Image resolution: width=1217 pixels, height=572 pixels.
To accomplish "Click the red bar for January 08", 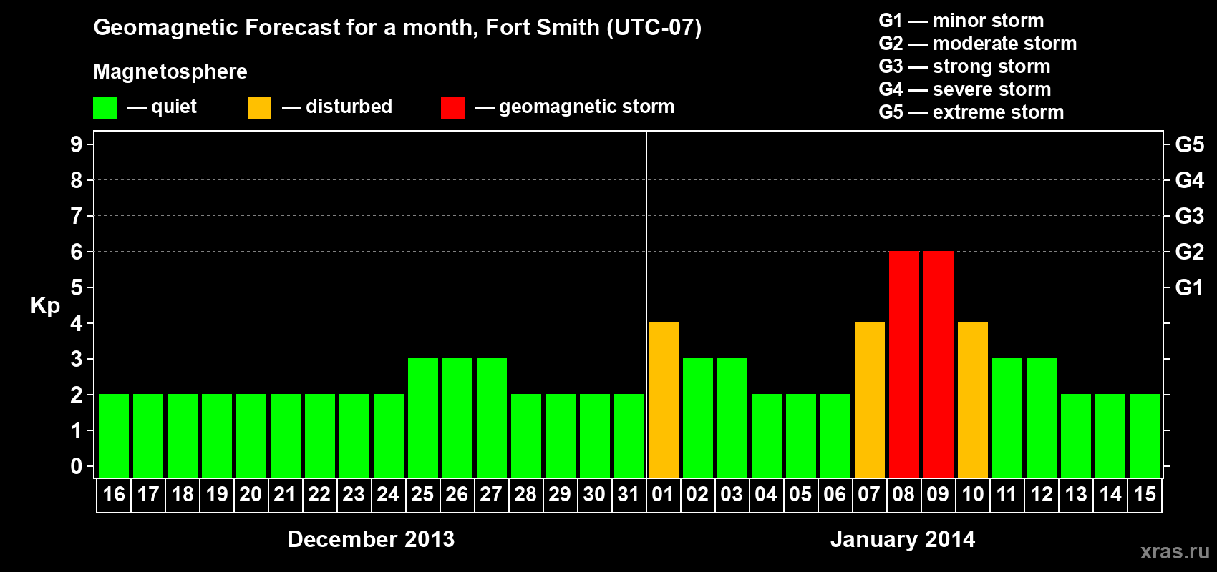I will point(903,364).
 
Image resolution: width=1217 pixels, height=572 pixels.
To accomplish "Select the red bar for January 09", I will point(938,364).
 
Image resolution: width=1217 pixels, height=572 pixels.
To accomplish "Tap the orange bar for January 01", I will point(663,400).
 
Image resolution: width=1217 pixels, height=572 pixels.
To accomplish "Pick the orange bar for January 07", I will point(869,400).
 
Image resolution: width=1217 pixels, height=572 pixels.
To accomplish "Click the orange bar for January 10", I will point(972,400).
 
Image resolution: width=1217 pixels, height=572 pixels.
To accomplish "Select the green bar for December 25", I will point(422,418).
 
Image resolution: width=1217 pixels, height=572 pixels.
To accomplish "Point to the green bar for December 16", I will point(113,435).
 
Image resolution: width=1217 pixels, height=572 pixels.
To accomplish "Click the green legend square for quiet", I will point(105,108).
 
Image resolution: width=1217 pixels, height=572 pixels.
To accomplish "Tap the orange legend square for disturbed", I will point(259,108).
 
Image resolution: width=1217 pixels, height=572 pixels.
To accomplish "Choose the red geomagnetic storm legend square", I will point(452,108).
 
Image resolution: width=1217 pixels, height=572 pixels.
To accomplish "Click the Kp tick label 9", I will point(77,144).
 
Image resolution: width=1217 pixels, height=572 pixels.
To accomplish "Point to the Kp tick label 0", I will point(77,467).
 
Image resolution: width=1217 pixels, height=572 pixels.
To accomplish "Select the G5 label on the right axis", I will point(1189,144).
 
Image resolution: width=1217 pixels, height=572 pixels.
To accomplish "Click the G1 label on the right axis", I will point(1189,287).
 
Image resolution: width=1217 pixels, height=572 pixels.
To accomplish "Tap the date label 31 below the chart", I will point(629,494).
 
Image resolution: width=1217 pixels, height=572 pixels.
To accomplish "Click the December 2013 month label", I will point(371,539).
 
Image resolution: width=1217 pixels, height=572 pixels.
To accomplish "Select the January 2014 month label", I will point(903,539).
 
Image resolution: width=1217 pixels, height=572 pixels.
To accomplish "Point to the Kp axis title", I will point(45,305).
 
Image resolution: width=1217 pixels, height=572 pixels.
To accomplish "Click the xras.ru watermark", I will point(1175,551).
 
